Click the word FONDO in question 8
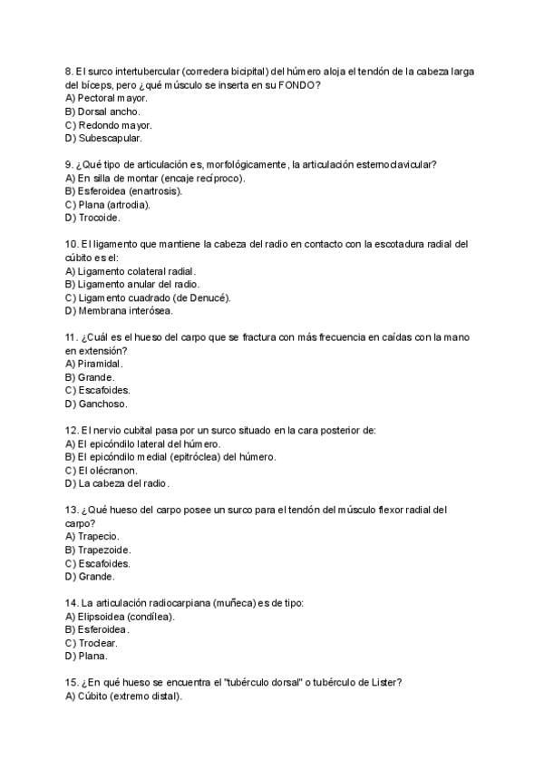[299, 84]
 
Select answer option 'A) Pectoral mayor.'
[106, 98]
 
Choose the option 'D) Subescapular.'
[103, 139]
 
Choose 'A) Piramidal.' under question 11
[94, 364]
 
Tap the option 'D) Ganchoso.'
[96, 404]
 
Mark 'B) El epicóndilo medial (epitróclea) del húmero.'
[171, 457]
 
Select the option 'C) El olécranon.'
[102, 471]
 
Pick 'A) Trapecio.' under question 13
[92, 536]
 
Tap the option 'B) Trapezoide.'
[98, 550]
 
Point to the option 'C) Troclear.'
[92, 642]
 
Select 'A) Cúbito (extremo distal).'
[123, 696]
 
